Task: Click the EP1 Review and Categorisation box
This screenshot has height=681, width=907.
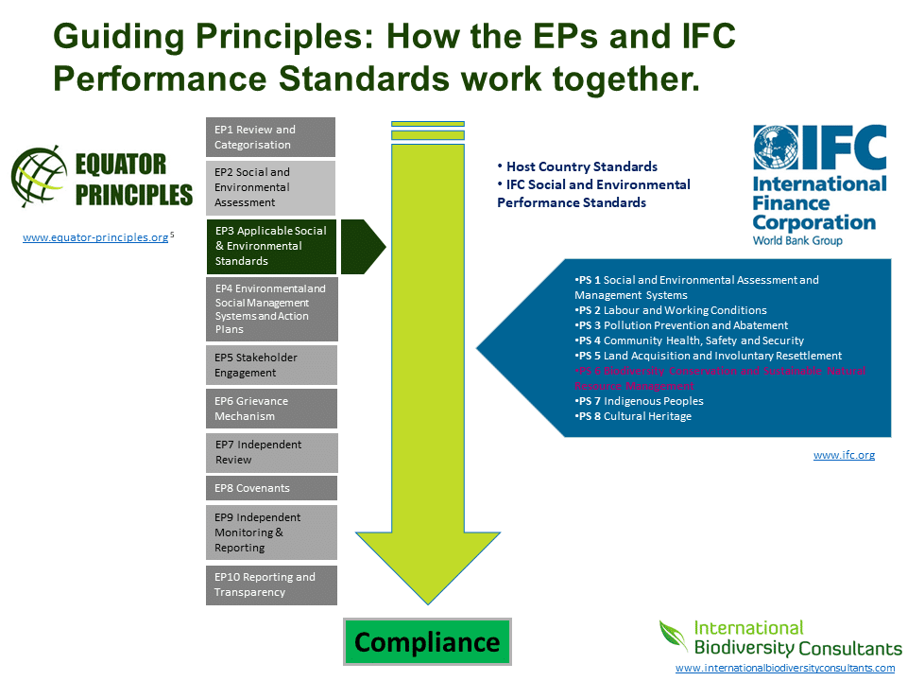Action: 270,137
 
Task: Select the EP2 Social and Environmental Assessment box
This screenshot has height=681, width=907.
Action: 270,187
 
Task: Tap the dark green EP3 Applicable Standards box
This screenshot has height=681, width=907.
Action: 272,246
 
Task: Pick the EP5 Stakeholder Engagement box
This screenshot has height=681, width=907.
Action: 271,365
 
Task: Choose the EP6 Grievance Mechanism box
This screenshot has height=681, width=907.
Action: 271,409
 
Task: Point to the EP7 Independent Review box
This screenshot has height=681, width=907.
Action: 271,452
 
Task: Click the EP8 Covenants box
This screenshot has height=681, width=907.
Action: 271,488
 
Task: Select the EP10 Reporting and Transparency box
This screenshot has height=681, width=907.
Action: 271,585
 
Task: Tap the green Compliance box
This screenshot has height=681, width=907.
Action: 427,642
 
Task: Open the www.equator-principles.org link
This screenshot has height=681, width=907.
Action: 95,238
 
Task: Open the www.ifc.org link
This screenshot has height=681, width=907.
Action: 844,455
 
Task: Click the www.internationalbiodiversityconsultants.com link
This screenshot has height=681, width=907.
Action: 784,668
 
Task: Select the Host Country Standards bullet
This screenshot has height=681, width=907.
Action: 577,166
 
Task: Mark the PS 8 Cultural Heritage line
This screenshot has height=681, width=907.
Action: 633,416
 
